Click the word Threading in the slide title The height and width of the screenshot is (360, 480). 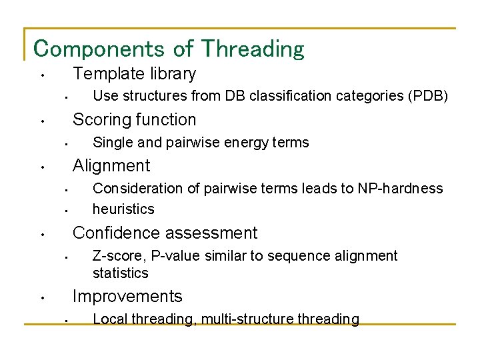[x=253, y=49]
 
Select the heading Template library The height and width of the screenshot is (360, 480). [x=134, y=73]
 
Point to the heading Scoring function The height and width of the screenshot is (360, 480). [x=134, y=119]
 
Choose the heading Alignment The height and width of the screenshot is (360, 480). [x=111, y=165]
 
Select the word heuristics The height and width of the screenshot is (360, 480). [x=123, y=209]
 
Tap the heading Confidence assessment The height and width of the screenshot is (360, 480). [x=165, y=233]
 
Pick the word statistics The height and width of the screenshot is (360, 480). [x=120, y=273]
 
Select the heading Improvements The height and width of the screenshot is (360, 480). [x=127, y=296]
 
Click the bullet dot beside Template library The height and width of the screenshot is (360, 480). [x=41, y=75]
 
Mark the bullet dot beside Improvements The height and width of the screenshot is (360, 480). [x=41, y=298]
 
